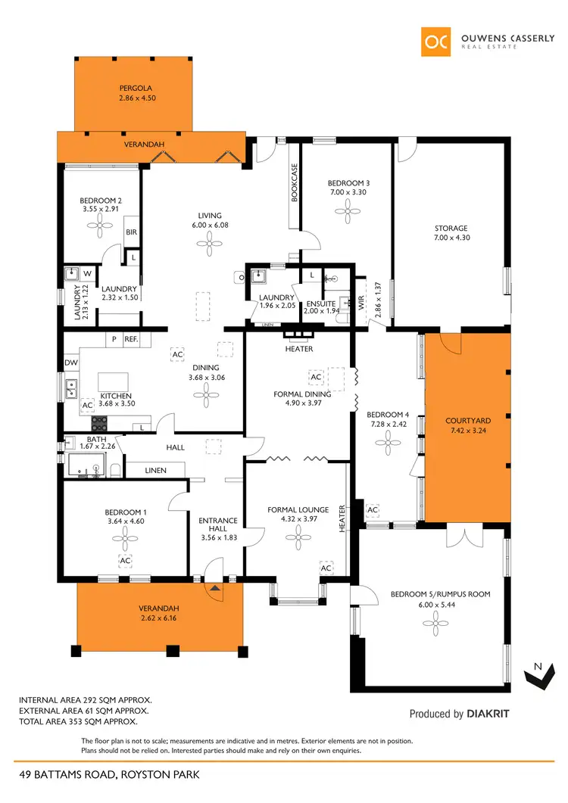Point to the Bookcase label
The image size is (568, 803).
point(295,182)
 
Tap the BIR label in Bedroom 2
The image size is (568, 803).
point(130,233)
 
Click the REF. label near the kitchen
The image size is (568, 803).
point(130,340)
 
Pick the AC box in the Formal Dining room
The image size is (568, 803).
point(317,376)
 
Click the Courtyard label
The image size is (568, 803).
point(467,420)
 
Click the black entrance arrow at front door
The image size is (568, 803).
point(216,587)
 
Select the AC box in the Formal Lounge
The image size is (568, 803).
point(326,568)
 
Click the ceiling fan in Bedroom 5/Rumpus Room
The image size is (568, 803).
point(430,623)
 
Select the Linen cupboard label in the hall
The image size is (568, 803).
point(155,471)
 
